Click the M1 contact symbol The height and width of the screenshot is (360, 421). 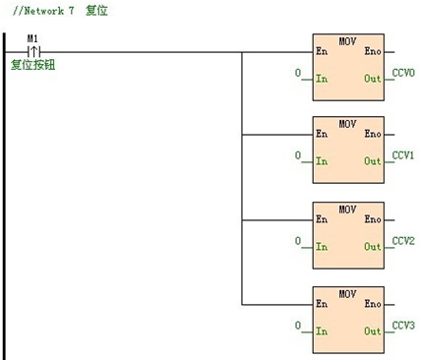tap(32, 51)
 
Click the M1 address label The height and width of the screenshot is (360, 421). tap(32, 38)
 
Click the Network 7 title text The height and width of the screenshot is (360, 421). tap(58, 11)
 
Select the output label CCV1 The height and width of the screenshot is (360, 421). tap(403, 155)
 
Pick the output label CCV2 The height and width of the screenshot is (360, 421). tap(403, 240)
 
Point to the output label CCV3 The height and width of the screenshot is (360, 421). tap(403, 324)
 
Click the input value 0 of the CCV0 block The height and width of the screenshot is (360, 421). tap(298, 74)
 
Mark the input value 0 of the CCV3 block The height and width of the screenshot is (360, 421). tap(298, 326)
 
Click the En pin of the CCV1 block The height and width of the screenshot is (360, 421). tap(322, 134)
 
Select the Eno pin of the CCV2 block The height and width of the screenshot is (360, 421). tap(373, 218)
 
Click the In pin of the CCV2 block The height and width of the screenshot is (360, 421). tap(322, 247)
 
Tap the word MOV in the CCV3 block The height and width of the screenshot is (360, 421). tap(347, 293)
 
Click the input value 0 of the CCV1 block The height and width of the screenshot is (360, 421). tap(298, 157)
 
